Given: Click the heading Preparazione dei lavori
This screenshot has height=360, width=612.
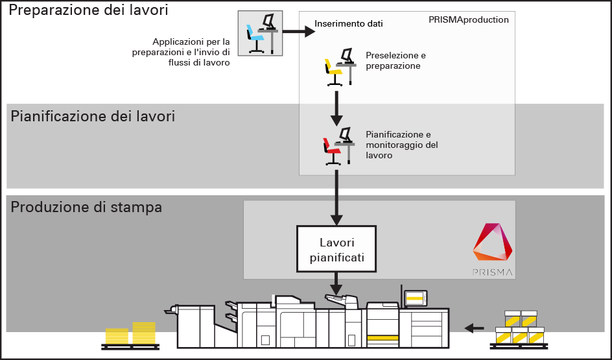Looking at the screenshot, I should point(88,11).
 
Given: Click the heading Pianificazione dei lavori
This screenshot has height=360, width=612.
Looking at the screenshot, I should point(93,117).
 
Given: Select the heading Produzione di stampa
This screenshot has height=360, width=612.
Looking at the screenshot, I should point(86,208).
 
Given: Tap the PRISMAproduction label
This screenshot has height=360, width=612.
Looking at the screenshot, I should point(468,20).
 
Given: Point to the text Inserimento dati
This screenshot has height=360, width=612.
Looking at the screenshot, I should point(349,24).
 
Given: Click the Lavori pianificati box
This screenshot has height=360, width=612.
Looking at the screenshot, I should point(336,250).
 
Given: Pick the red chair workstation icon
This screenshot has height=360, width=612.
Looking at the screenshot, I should point(338,145).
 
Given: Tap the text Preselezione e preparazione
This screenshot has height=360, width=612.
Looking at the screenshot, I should point(395,60).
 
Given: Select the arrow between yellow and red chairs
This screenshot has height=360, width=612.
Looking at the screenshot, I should point(336,108).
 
